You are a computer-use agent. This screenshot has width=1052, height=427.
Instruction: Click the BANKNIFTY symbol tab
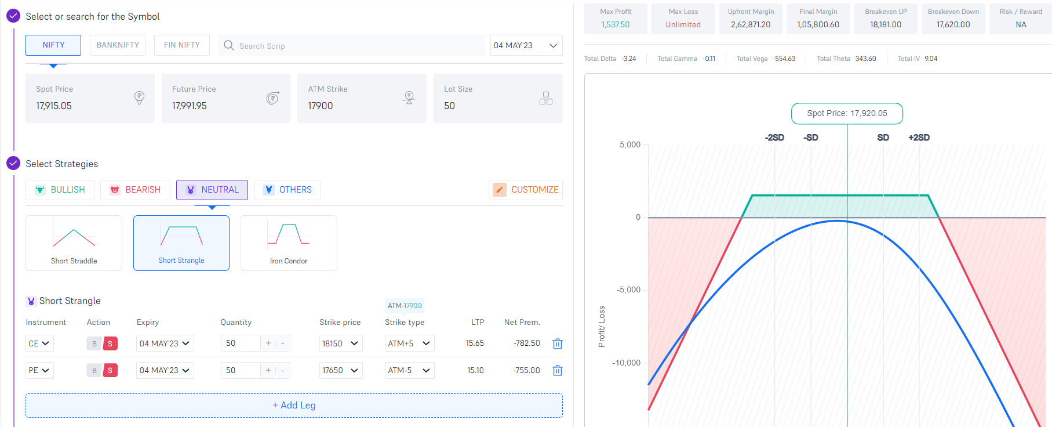(118, 45)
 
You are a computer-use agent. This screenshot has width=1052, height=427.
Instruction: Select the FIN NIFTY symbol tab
(181, 45)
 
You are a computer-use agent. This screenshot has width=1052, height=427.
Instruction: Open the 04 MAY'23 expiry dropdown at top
(526, 45)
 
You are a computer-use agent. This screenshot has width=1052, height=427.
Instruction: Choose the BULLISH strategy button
(60, 190)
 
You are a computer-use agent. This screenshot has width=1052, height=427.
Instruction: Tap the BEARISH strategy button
(135, 190)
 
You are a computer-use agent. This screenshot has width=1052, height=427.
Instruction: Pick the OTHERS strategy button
(287, 190)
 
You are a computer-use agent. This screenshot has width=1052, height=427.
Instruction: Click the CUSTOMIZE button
(526, 190)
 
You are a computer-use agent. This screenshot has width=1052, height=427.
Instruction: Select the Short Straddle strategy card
(74, 243)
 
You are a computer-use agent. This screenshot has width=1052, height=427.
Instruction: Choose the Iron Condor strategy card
(289, 243)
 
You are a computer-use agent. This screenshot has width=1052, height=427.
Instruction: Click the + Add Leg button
(294, 406)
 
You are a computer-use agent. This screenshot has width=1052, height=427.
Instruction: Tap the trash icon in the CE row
(558, 344)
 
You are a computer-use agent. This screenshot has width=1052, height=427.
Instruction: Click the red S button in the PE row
(110, 370)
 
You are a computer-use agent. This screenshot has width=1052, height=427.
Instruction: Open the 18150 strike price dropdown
(340, 343)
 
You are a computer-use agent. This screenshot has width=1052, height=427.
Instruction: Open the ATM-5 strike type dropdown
(409, 370)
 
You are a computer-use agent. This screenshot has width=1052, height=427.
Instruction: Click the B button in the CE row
(94, 343)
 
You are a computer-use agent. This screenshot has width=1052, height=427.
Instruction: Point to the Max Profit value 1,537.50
(616, 25)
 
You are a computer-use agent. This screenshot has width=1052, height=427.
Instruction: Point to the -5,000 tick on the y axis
(629, 290)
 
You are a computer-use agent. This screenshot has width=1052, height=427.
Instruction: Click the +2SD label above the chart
(919, 137)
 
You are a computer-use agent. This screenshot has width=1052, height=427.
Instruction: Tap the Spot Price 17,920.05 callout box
(847, 114)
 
